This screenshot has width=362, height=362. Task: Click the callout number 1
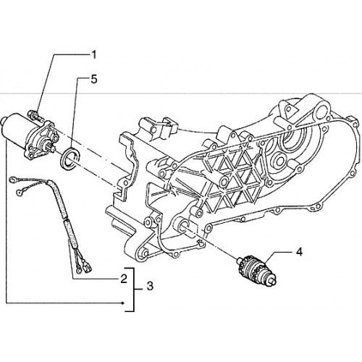tap(93, 55)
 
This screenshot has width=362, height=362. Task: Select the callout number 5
tap(93, 79)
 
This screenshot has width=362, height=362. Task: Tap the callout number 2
tap(123, 279)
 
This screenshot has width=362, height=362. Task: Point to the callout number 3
tap(150, 286)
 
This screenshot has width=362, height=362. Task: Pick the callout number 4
tap(299, 253)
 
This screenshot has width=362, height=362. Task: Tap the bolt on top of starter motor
tap(35, 115)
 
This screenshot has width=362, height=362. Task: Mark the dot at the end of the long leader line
tap(123, 303)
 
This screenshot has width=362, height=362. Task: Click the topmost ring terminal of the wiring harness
tap(12, 180)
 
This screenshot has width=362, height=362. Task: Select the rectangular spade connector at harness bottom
tap(88, 267)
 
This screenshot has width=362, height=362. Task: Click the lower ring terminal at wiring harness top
tap(20, 192)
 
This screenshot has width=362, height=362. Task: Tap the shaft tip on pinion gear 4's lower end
tap(274, 281)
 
